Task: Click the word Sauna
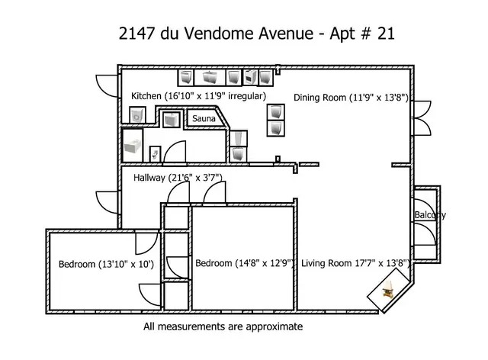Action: [204, 120]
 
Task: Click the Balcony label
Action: [430, 215]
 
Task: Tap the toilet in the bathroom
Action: [156, 153]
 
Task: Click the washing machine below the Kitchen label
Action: [137, 115]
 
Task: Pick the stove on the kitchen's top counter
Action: [250, 77]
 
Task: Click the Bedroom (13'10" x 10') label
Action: [106, 265]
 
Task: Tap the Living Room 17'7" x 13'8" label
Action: [356, 264]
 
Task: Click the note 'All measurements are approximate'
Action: [223, 326]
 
